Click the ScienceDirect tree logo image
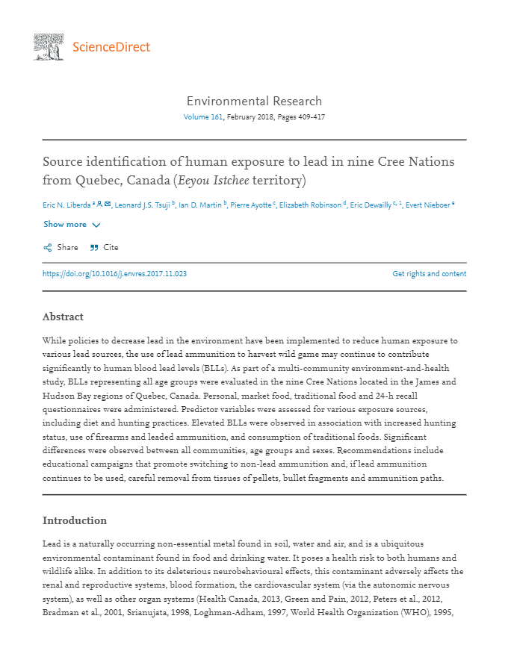(x=49, y=47)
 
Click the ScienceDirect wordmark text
(x=111, y=48)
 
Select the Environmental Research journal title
(x=254, y=101)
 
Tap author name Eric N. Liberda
(x=66, y=205)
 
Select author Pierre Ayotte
(x=250, y=205)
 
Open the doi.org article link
(x=114, y=274)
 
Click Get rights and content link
(x=429, y=274)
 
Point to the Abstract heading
(x=63, y=317)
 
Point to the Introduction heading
(x=75, y=520)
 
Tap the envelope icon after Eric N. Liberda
(x=108, y=204)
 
